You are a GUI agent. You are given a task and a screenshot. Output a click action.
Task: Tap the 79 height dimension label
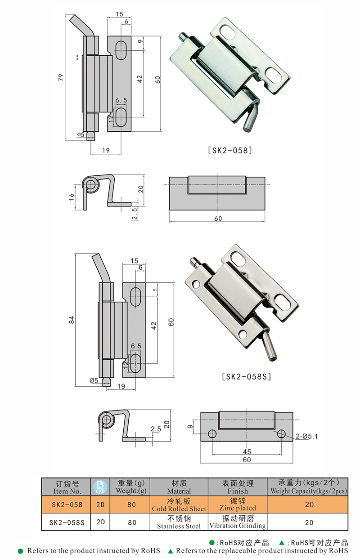pos(62,77)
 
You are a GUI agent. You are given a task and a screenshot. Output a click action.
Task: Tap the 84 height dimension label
pos(71,320)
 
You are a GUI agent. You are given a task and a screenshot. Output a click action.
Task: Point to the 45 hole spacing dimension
pos(247,451)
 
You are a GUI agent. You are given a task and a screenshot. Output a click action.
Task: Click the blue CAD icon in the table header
pos(100,487)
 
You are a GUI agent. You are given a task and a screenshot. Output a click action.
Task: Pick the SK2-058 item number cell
pos(67,504)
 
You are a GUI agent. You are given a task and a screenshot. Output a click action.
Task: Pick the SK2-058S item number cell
pos(67,522)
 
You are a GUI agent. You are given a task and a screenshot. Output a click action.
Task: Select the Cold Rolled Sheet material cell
pos(179,504)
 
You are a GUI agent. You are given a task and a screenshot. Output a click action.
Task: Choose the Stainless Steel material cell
pos(179,522)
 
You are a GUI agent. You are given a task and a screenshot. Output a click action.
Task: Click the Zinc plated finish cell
pos(238,504)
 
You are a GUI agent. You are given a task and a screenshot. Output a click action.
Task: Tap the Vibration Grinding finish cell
pos(238,522)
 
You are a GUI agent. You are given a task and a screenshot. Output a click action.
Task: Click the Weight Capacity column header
pos(309,487)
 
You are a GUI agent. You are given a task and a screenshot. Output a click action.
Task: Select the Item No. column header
pos(67,487)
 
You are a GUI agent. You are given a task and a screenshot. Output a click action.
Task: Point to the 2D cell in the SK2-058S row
pos(100,522)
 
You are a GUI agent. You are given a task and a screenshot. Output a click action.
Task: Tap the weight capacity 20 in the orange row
pos(309,504)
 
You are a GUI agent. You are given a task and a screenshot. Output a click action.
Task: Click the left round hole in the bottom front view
pos(212,433)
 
